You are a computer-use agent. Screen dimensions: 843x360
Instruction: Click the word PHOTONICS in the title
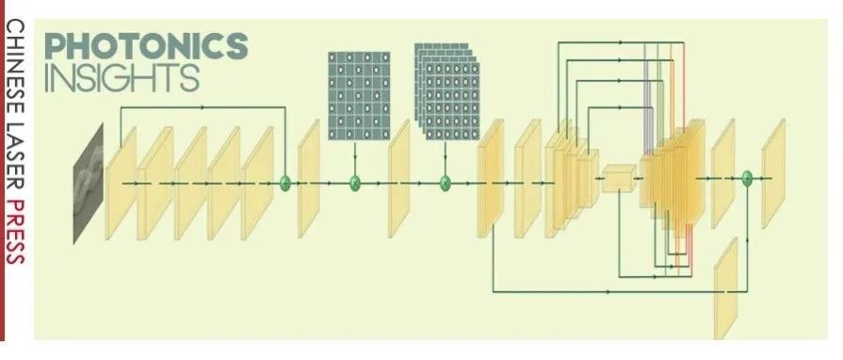pyautogui.click(x=146, y=45)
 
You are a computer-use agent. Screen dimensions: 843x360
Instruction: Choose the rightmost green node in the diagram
pyautogui.click(x=747, y=176)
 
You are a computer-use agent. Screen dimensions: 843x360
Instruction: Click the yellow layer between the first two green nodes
pyautogui.click(x=309, y=177)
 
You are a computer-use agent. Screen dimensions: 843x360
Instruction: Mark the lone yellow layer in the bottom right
pyautogui.click(x=726, y=287)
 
